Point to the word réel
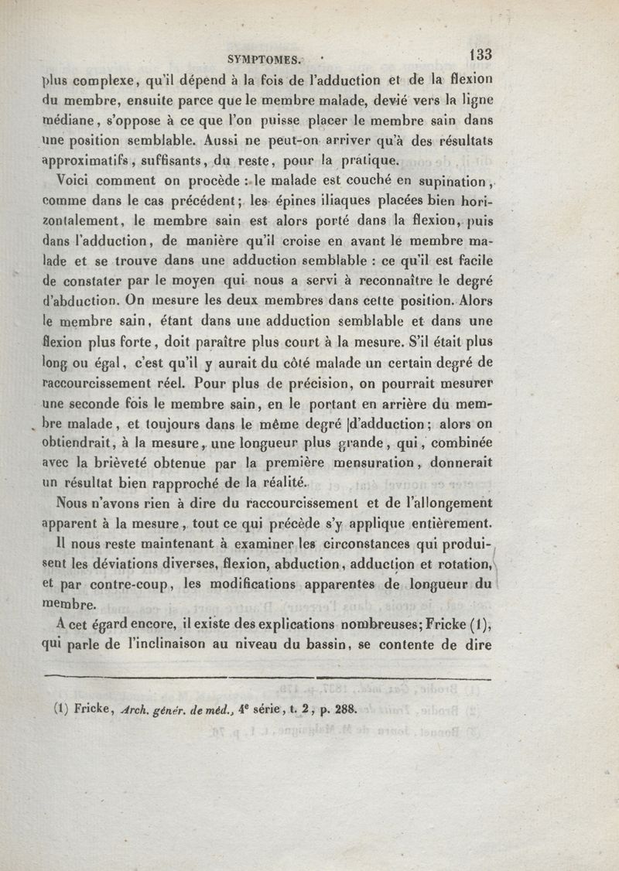point(175,381)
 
